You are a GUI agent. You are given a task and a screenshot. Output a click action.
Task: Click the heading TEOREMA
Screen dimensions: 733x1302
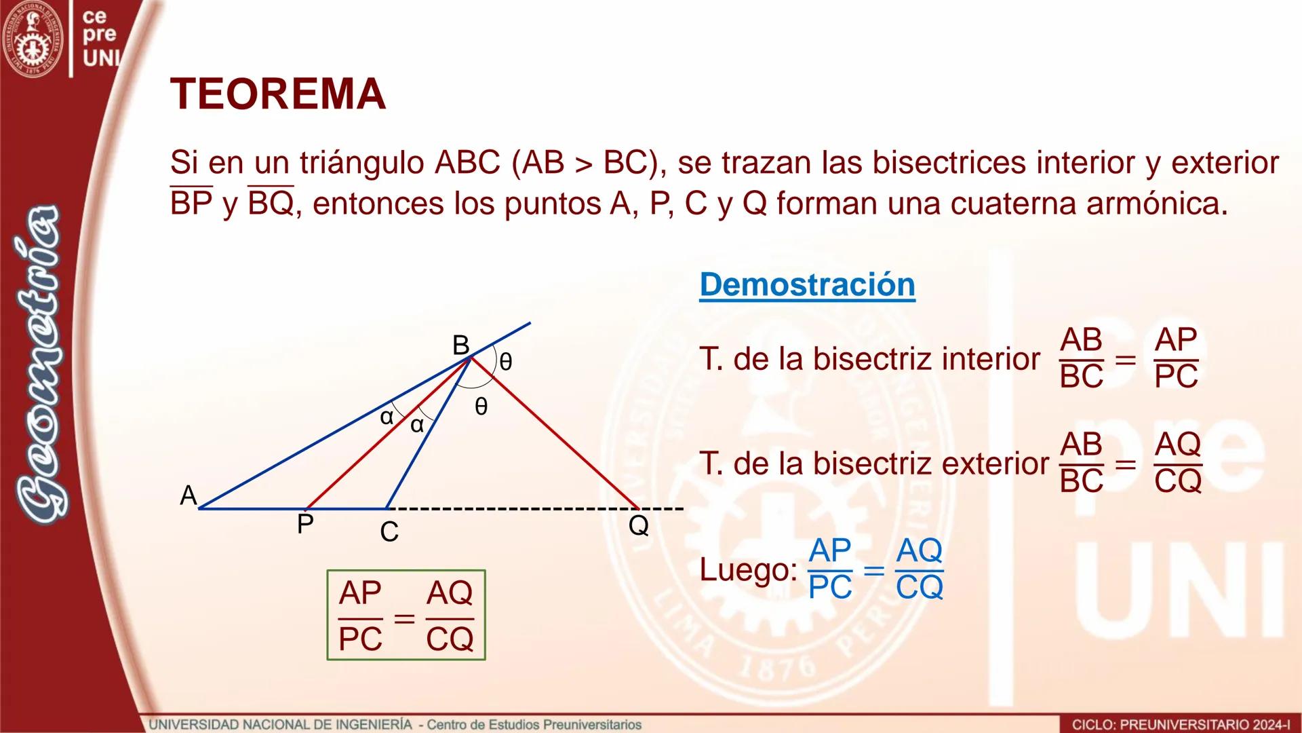pyautogui.click(x=278, y=94)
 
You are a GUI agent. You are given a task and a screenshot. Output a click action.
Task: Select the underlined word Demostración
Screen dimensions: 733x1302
pyautogui.click(x=807, y=284)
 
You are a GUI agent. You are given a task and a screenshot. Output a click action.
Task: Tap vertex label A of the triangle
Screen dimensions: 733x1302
pyautogui.click(x=188, y=495)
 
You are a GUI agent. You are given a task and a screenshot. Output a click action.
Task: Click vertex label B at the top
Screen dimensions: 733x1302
pyautogui.click(x=460, y=345)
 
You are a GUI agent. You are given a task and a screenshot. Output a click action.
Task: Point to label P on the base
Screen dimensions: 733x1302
pyautogui.click(x=305, y=524)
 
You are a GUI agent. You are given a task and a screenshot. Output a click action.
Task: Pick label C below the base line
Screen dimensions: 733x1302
pyautogui.click(x=389, y=532)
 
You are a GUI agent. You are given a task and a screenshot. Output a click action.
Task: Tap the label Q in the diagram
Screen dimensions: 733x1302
pyautogui.click(x=638, y=525)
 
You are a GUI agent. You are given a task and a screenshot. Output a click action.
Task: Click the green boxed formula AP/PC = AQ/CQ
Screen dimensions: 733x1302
pyautogui.click(x=406, y=615)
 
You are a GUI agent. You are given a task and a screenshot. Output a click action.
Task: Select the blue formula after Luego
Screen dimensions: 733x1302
pyautogui.click(x=875, y=569)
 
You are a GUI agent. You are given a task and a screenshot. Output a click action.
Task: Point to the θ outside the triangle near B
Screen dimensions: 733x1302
pyautogui.click(x=506, y=362)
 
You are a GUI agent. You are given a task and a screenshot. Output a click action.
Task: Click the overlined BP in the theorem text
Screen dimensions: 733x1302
pyautogui.click(x=191, y=203)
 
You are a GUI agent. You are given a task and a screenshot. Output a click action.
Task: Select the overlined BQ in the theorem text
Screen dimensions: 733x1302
pyautogui.click(x=271, y=203)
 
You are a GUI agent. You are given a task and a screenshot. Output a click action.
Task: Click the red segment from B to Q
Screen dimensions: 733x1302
pyautogui.click(x=556, y=434)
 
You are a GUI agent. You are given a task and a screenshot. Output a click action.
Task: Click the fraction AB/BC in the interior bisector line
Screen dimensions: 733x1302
pyautogui.click(x=1081, y=358)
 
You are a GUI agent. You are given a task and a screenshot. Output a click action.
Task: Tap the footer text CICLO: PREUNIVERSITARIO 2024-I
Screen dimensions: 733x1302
pyautogui.click(x=1181, y=725)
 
